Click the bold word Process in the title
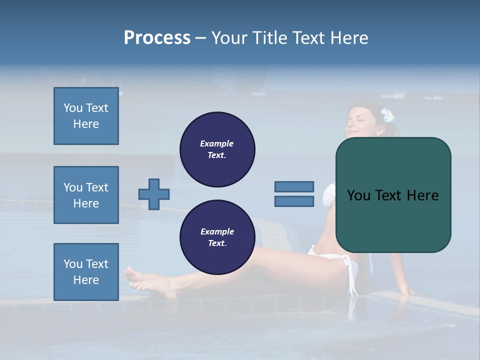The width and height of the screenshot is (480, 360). pyautogui.click(x=157, y=38)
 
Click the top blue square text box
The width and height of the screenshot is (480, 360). pyautogui.click(x=86, y=116)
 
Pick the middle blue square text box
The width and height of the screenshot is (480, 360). pyautogui.click(x=86, y=195)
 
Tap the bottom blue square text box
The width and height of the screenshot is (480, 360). pyautogui.click(x=86, y=272)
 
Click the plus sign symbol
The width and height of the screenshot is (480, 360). pyautogui.click(x=154, y=194)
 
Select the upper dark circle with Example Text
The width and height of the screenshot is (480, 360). pyautogui.click(x=217, y=149)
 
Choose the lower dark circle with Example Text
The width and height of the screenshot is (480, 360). pyautogui.click(x=217, y=237)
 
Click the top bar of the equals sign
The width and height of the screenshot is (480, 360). pyautogui.click(x=294, y=186)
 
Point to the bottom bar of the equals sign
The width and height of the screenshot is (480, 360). pyautogui.click(x=294, y=201)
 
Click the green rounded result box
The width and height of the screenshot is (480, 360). pyautogui.click(x=393, y=195)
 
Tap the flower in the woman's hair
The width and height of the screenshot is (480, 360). pyautogui.click(x=388, y=116)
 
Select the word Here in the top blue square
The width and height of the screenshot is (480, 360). pyautogui.click(x=86, y=124)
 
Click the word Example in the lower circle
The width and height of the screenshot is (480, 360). pyautogui.click(x=217, y=231)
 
